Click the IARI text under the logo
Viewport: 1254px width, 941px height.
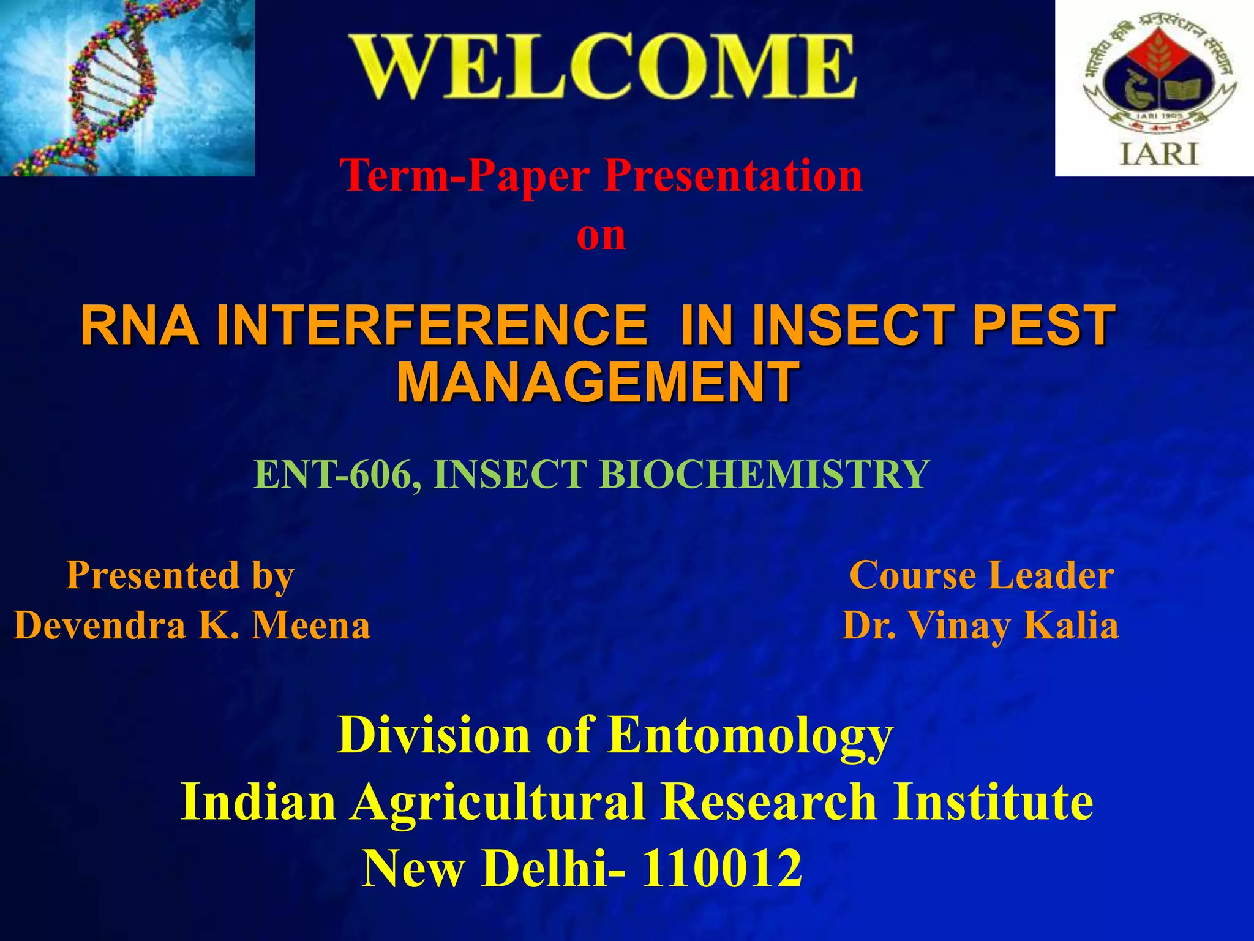click(1158, 153)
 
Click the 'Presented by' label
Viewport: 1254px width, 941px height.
click(180, 576)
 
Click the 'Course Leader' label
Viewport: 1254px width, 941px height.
click(982, 576)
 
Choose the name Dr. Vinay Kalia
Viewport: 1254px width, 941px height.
click(980, 626)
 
